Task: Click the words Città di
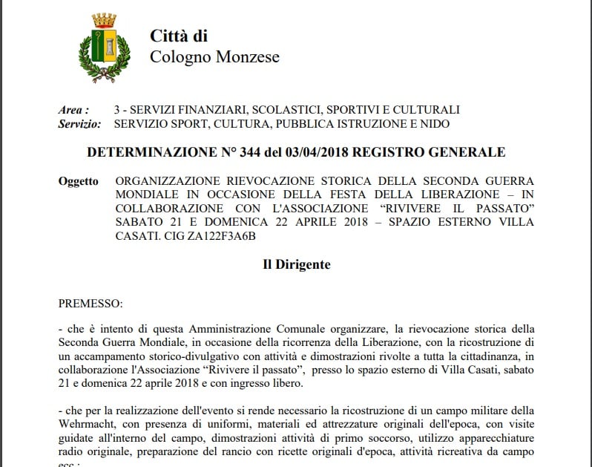point(179,36)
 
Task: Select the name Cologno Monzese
point(214,57)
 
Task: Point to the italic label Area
point(74,110)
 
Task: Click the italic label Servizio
point(79,124)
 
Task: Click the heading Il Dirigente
point(297,264)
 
